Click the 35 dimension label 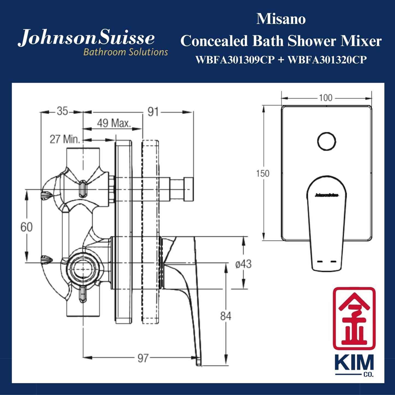[62, 111]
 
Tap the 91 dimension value [153, 112]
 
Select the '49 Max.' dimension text [114, 123]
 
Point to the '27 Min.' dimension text [65, 139]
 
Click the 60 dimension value [27, 227]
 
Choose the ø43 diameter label [243, 264]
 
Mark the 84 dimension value [226, 316]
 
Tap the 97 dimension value [143, 358]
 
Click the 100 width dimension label [325, 98]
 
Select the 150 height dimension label [262, 173]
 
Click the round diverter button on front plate [326, 142]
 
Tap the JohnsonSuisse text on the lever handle [326, 195]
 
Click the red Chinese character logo [354, 318]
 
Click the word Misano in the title [281, 19]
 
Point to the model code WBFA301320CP [327, 60]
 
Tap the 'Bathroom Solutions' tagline [125, 52]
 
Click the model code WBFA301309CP [235, 60]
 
